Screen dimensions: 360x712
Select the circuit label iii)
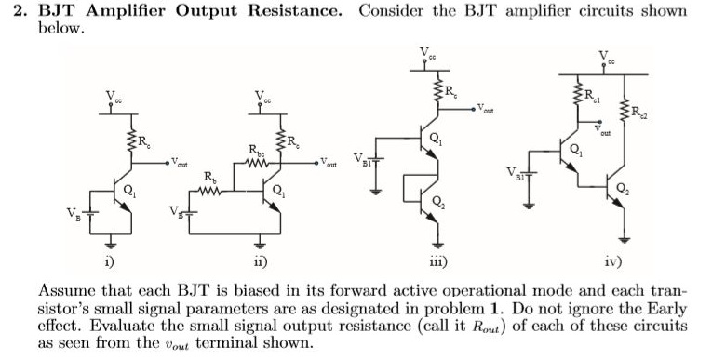(x=437, y=262)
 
